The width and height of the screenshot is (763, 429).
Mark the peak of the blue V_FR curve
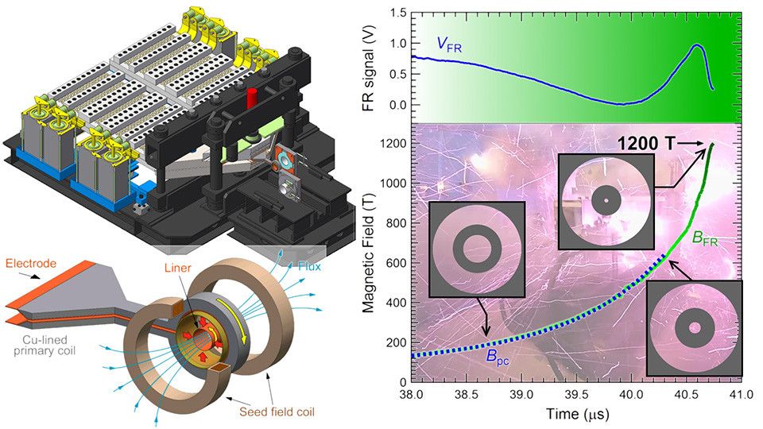697,45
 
